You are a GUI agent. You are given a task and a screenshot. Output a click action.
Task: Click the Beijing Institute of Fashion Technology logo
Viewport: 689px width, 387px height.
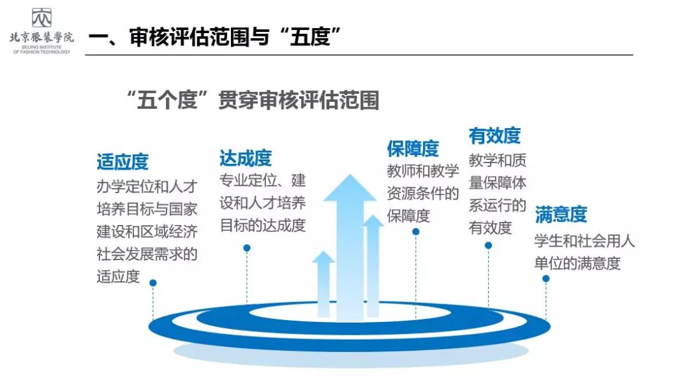coord(41,30)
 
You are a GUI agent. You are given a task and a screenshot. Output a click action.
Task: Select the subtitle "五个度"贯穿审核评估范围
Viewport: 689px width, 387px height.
coord(252,100)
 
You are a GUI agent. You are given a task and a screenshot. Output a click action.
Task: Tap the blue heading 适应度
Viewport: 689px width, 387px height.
coord(122,161)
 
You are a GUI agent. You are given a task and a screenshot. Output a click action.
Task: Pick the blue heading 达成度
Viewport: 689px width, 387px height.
coord(246,157)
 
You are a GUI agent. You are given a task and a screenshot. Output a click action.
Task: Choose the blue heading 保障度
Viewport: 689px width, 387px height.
coord(413,148)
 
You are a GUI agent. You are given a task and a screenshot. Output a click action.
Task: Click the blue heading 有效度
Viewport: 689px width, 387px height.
coord(494,135)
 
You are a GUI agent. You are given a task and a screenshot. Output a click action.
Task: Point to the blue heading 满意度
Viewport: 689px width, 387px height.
coord(561,214)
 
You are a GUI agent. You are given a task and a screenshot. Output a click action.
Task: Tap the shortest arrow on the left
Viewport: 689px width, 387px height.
coord(323,284)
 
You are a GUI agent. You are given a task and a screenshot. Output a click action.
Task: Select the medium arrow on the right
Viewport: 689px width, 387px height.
coord(373,265)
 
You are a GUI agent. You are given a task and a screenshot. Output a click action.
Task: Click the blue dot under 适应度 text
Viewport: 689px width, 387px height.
coord(152,282)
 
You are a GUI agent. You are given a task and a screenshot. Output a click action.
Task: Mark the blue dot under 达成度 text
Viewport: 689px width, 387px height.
coord(247,247)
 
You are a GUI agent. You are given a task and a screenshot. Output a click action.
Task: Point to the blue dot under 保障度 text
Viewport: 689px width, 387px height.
coord(415,232)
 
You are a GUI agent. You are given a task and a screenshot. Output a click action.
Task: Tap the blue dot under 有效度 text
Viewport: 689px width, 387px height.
coord(489,245)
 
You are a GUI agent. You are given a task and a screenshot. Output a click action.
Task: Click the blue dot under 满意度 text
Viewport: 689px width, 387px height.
coord(546,279)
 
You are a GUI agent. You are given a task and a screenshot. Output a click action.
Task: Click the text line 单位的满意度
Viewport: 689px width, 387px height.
coord(577,263)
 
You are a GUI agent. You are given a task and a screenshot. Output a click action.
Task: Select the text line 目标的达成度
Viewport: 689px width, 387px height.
coord(263,225)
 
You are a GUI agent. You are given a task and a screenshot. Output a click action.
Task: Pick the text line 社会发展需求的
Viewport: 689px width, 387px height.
coord(147,254)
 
